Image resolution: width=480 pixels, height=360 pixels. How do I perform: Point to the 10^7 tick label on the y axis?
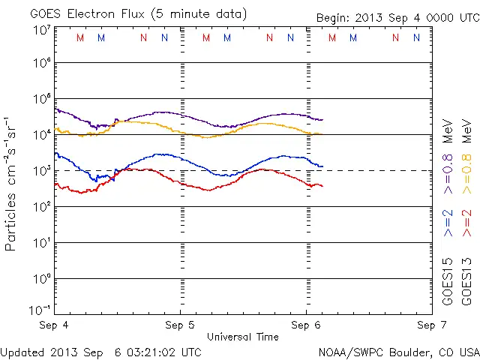click(41, 30)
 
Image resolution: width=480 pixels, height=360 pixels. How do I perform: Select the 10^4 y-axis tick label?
click(41, 134)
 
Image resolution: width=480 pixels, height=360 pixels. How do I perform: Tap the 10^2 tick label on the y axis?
click(41, 206)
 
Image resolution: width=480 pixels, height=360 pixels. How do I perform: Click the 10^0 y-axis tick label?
click(41, 278)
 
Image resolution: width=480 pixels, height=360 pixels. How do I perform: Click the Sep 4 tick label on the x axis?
click(54, 325)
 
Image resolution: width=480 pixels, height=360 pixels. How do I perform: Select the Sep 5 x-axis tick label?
click(180, 325)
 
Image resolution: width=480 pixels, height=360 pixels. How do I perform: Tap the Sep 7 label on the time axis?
click(430, 325)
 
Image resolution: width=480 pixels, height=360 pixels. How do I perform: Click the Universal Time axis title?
click(242, 337)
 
